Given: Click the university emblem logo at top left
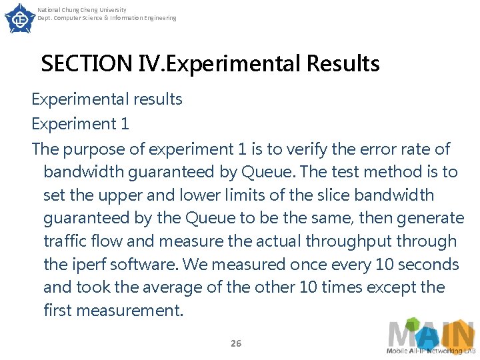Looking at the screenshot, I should [20, 18].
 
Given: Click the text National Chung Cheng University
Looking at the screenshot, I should [82, 10].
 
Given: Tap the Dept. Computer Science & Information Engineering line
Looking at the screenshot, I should [107, 18].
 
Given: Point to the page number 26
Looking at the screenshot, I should [235, 343].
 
